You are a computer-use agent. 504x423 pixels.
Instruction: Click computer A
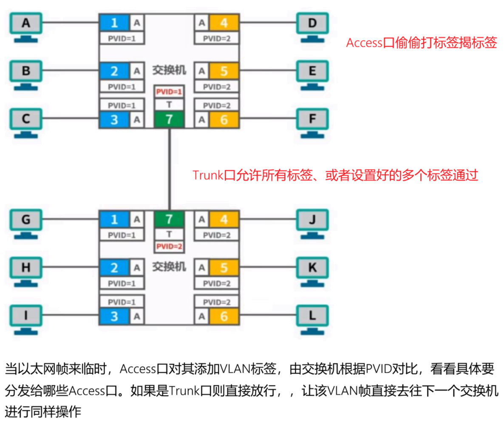pos(26,24)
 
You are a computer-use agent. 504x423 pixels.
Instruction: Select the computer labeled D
pos(312,24)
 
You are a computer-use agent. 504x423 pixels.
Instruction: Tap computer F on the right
pos(312,119)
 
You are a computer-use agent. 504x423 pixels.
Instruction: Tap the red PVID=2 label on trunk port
pos(169,246)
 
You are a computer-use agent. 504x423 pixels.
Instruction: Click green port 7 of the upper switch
pos(169,119)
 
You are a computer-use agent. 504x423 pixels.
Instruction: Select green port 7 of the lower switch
pos(169,220)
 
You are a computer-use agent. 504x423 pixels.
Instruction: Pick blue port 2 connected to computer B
pos(114,71)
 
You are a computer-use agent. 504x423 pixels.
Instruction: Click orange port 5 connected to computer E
pos(224,71)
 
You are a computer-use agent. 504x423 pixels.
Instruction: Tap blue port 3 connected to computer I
pos(114,316)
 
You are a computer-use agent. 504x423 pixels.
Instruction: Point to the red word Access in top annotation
pos(365,43)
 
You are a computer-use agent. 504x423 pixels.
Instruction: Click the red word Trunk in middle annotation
pos(207,175)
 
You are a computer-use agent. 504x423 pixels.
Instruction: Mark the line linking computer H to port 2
pos(70,267)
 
